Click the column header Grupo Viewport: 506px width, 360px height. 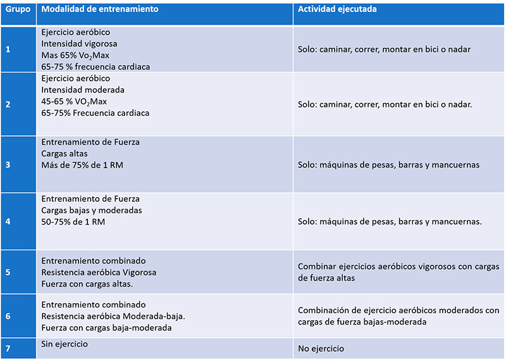tap(18, 10)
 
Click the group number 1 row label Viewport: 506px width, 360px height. tap(8, 49)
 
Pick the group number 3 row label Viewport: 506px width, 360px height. tap(8, 164)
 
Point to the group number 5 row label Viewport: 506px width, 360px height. tap(8, 273)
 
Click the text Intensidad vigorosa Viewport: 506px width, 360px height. tap(79, 44)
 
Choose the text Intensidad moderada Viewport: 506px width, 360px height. tap(82, 90)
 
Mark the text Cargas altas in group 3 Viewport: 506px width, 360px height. tap(65, 154)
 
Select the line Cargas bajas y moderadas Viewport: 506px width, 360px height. tap(92, 210)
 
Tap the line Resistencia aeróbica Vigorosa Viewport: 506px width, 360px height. tap(98, 272)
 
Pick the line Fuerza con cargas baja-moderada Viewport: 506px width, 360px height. tap(106, 328)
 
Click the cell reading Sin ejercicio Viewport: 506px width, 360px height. tap(65, 344)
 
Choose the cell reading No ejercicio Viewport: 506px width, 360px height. tap(321, 349)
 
